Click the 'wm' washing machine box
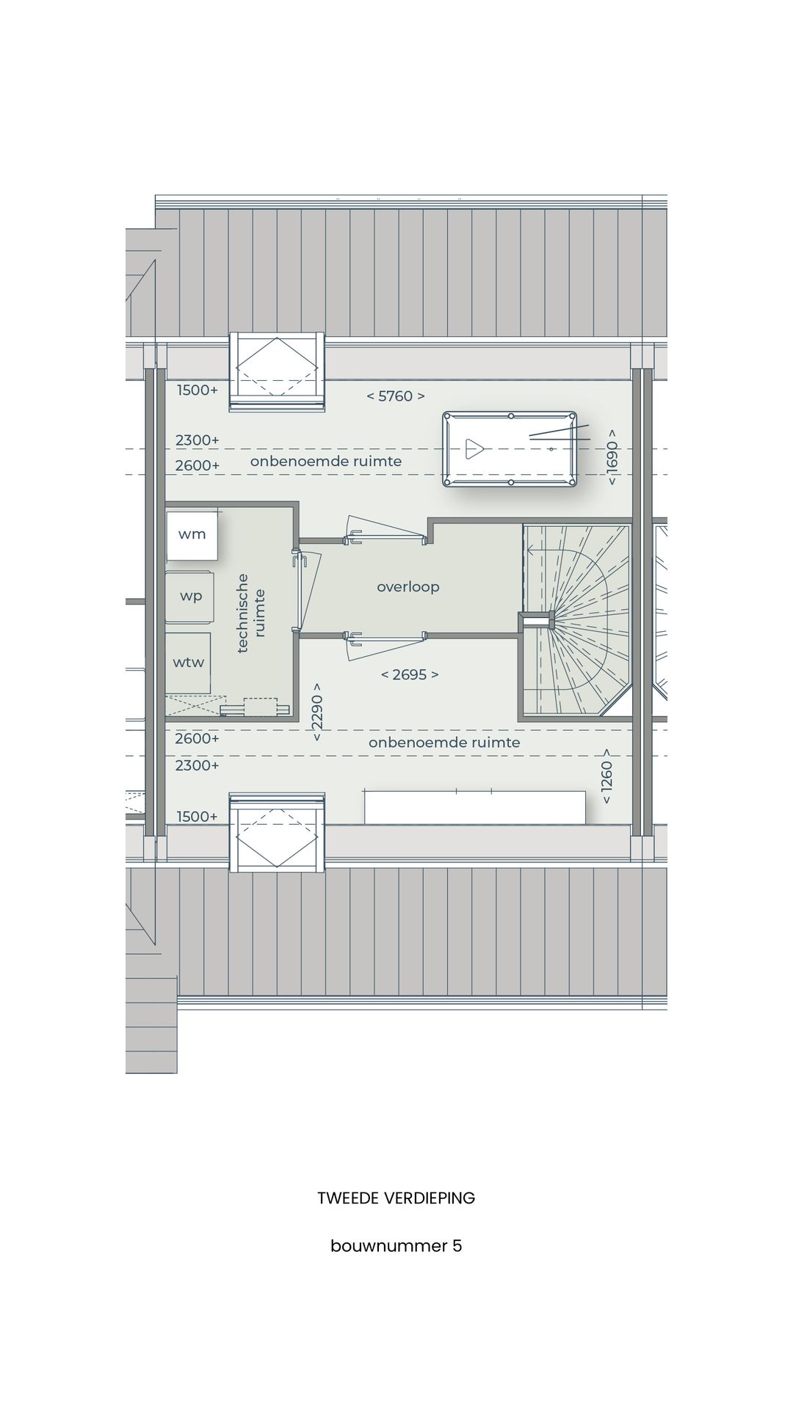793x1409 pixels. click(191, 534)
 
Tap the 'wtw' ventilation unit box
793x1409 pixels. click(188, 662)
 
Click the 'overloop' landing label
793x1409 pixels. click(408, 587)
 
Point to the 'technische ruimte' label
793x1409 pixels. click(251, 613)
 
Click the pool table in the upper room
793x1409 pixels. click(510, 449)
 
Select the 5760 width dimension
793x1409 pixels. click(396, 396)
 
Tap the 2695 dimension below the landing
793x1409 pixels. click(410, 674)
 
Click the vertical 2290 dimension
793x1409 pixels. click(316, 713)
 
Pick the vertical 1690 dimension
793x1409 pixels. click(612, 458)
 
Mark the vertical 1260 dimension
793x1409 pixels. click(606, 776)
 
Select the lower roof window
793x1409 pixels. click(277, 832)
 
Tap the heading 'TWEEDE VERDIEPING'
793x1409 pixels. click(396, 1198)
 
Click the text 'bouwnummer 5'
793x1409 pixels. click(396, 1246)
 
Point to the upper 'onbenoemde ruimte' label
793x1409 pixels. click(326, 462)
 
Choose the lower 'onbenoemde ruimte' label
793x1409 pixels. click(444, 743)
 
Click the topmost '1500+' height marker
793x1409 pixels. click(198, 390)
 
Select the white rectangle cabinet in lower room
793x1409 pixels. click(475, 807)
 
